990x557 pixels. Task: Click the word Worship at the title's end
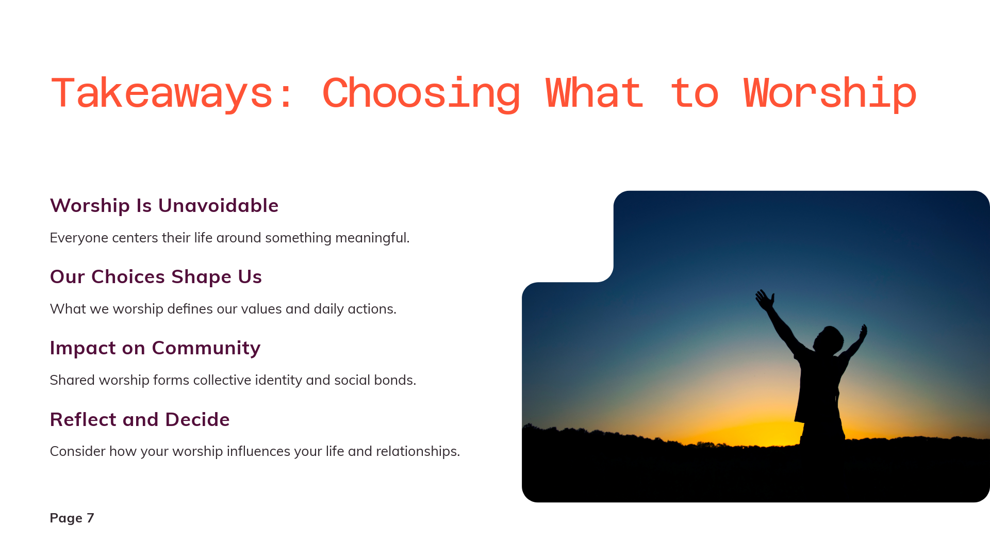coord(830,93)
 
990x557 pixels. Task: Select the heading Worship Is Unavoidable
coord(164,205)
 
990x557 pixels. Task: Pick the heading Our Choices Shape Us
coord(156,276)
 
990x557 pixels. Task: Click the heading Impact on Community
coord(155,348)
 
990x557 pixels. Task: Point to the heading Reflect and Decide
coord(140,419)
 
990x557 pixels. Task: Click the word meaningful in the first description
coord(372,238)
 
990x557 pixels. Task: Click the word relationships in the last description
coord(418,451)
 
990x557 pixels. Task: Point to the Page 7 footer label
coord(72,518)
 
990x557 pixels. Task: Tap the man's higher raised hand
coord(764,300)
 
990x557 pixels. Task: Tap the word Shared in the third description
coord(72,380)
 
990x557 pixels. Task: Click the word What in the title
coord(595,93)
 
